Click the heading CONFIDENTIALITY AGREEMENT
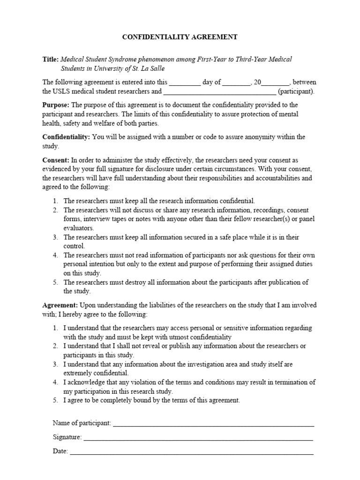(180, 37)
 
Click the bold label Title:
(51, 60)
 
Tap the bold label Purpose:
(56, 105)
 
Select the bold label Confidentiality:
(67, 137)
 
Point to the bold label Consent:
(56, 160)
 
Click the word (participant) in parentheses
(297, 91)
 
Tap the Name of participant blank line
(213, 424)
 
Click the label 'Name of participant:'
(82, 423)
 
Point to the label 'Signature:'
(67, 437)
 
